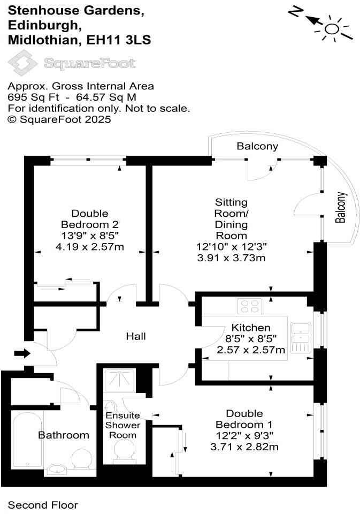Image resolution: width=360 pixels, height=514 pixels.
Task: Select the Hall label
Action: point(136,336)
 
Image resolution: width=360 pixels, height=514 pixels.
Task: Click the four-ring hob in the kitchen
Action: point(250,306)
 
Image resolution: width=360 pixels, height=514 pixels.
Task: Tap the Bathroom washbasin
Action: point(56,470)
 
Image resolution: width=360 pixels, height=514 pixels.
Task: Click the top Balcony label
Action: point(258,146)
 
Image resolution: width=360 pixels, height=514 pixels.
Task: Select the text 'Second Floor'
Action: point(43,505)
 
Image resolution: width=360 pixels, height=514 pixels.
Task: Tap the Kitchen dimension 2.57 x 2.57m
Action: point(251,350)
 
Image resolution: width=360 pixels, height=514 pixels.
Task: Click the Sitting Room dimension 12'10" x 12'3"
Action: point(231,247)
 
